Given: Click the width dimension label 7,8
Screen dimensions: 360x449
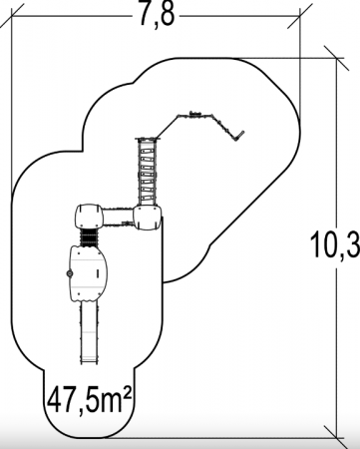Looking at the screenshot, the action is tap(157, 15).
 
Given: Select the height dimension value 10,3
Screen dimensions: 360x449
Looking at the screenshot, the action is tap(334, 244).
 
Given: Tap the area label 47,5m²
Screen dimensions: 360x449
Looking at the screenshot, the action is tap(89, 400).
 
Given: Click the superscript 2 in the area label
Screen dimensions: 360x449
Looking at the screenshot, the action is tap(128, 392).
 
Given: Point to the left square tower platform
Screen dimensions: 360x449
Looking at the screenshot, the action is tap(89, 217).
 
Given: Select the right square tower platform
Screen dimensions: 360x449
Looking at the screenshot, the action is tap(148, 218).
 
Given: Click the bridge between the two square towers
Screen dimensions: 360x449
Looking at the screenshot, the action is tap(118, 218).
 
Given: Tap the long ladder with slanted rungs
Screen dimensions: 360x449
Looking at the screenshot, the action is tap(148, 172).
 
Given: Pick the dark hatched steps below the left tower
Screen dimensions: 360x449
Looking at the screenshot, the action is tap(89, 237).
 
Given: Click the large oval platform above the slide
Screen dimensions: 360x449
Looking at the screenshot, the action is tap(88, 273).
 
